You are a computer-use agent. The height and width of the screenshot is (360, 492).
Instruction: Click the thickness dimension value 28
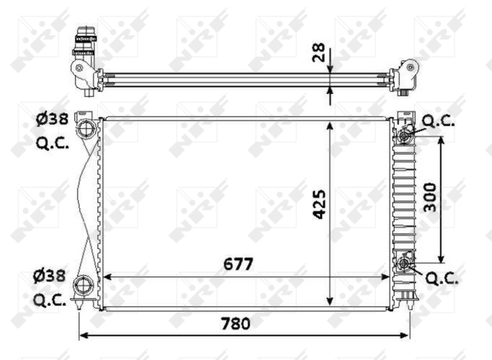click(318, 54)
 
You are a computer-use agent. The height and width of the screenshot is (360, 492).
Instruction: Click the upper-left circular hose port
click(84, 129)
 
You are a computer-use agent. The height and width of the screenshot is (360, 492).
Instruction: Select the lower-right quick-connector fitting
click(404, 264)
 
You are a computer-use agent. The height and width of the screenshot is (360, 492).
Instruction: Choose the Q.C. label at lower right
click(442, 279)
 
